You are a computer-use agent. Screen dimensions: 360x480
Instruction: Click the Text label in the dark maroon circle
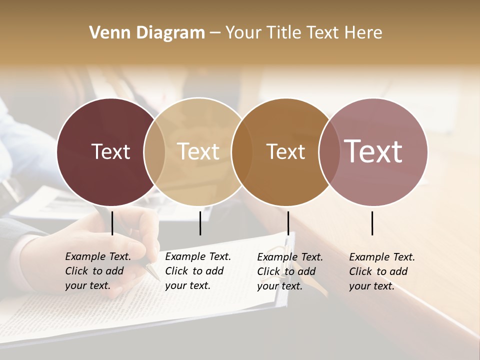tap(110, 151)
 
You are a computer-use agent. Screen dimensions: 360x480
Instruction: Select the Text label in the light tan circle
tap(198, 151)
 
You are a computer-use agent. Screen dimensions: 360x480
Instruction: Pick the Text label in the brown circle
tap(285, 151)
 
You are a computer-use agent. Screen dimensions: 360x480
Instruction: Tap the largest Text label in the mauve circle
tap(373, 151)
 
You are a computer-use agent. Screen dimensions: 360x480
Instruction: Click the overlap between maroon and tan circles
tap(154, 152)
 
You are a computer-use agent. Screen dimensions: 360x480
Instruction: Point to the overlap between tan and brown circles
tap(242, 152)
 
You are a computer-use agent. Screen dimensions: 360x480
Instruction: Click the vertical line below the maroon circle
tap(112, 223)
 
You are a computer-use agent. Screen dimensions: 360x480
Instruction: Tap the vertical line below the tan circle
tap(200, 223)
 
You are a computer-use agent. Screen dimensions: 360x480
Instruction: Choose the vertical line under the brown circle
tap(288, 223)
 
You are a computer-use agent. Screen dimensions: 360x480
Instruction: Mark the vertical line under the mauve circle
tap(372, 223)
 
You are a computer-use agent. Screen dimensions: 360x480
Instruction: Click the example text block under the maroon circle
tap(97, 271)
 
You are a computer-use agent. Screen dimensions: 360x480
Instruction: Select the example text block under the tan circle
tap(197, 271)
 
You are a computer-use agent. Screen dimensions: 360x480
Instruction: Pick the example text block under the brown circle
tap(289, 271)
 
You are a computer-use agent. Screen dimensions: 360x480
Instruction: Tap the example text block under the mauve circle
tap(381, 271)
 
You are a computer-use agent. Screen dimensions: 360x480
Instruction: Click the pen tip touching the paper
tap(156, 276)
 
